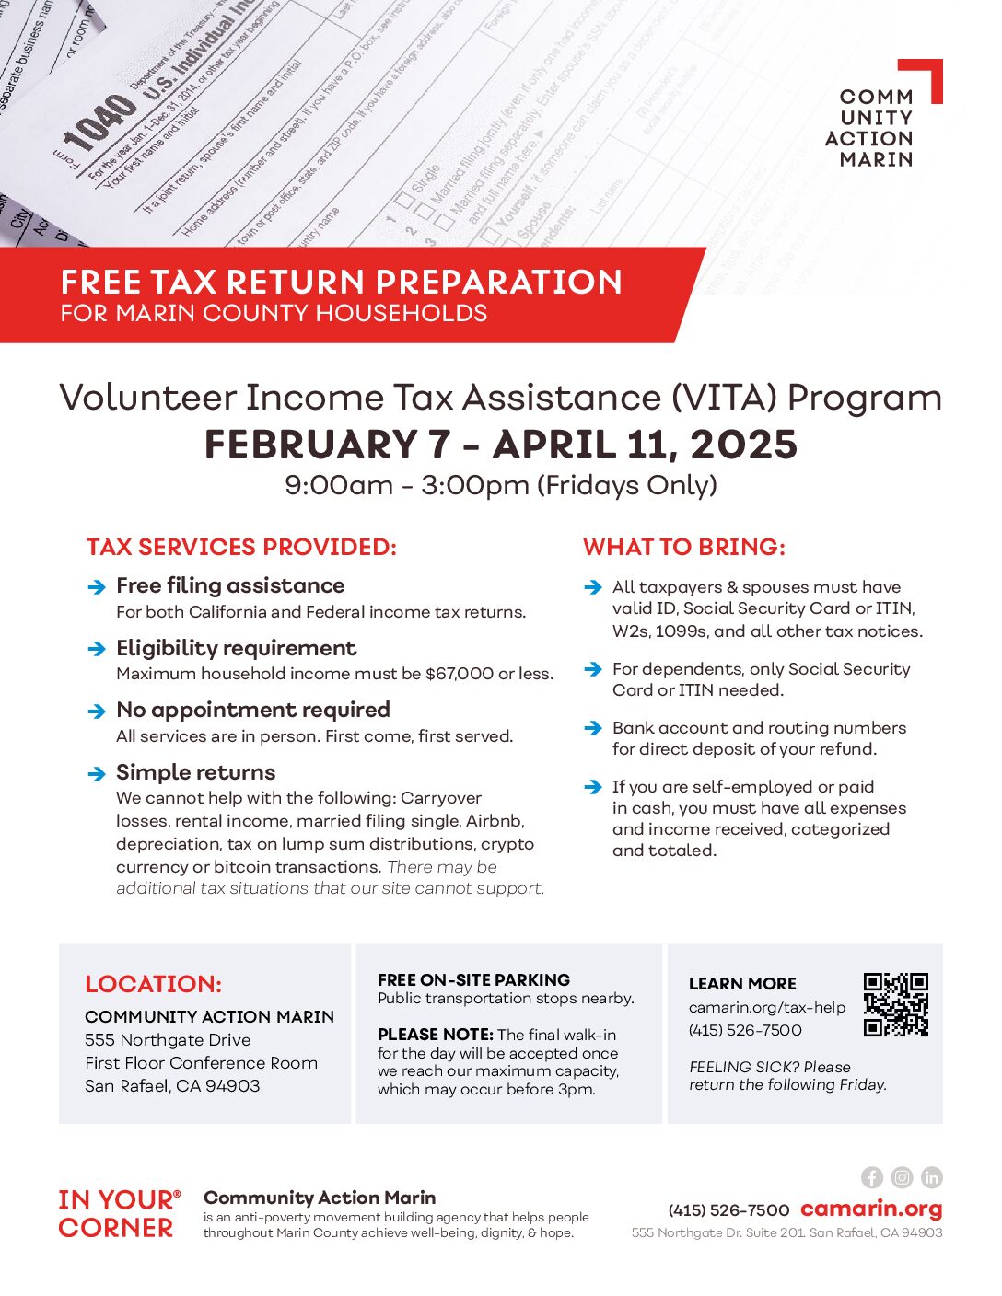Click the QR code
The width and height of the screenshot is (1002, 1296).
[895, 1004]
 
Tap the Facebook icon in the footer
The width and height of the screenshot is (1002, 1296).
[872, 1177]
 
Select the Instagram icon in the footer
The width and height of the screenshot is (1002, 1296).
[903, 1177]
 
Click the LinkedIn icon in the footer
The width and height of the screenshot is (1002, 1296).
[932, 1177]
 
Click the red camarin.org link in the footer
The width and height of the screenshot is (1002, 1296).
[871, 1209]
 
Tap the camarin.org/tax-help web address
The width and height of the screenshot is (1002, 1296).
[766, 1007]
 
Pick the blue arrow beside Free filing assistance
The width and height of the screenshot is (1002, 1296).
[97, 587]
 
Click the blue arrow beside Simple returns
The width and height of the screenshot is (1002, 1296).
[97, 773]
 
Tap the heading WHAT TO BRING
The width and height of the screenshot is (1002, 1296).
[683, 547]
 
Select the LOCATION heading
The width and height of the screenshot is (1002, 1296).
[153, 984]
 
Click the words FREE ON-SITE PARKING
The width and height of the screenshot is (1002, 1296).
[473, 979]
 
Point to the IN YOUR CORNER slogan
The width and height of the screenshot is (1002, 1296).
[118, 1213]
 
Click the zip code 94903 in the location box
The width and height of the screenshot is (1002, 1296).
[233, 1085]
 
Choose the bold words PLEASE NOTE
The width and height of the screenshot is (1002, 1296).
[435, 1035]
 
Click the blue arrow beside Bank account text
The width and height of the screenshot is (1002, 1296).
[593, 728]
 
